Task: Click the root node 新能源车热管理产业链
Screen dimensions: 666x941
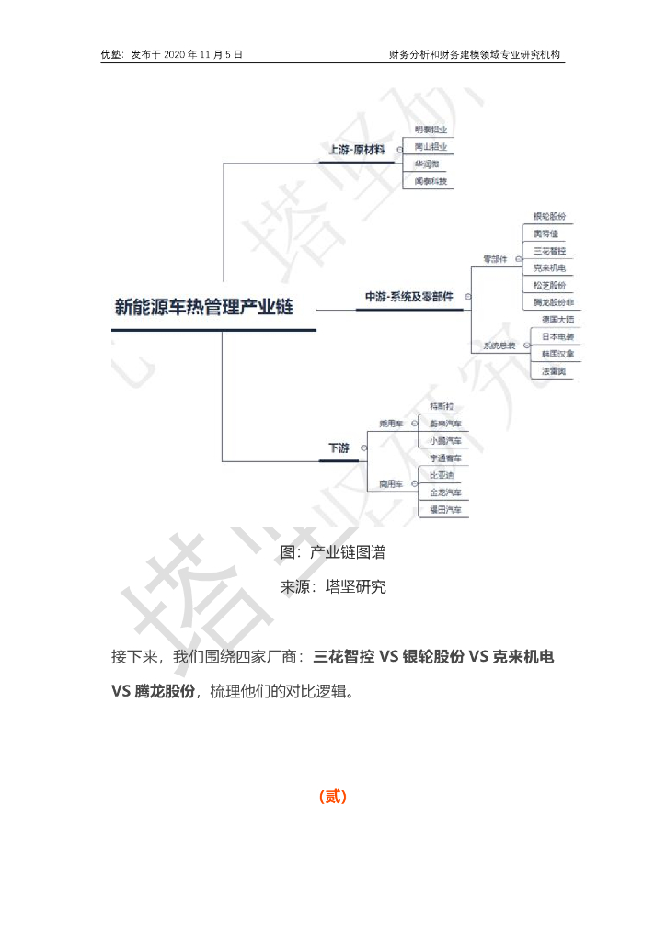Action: click(x=204, y=307)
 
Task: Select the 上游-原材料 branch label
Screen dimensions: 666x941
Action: click(x=357, y=149)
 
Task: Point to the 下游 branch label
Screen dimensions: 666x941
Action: click(x=339, y=448)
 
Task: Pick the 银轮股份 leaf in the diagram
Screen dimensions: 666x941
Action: click(x=550, y=217)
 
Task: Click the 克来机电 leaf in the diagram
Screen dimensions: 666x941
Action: click(x=550, y=267)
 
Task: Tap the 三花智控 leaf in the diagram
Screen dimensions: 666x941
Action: click(x=550, y=251)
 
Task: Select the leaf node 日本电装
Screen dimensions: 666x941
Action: click(x=557, y=336)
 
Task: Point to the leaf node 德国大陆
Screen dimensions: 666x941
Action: click(x=557, y=320)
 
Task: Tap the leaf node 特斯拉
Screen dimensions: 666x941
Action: click(x=442, y=406)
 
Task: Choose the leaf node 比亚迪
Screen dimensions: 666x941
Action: click(x=442, y=475)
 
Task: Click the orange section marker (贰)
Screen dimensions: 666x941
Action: click(x=332, y=797)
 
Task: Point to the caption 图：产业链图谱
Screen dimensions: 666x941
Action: click(x=333, y=552)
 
